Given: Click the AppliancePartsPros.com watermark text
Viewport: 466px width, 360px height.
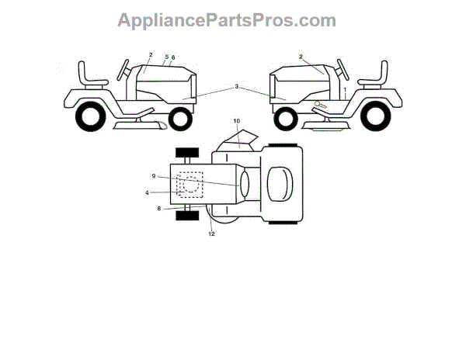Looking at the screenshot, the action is (x=227, y=20).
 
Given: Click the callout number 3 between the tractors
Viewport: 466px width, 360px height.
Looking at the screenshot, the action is (x=236, y=86).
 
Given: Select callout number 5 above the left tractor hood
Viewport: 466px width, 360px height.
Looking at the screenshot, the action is (x=166, y=57).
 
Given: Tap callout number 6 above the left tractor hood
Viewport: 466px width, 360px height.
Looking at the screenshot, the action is (x=173, y=57).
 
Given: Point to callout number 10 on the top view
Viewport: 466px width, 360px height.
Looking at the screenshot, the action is (x=237, y=122).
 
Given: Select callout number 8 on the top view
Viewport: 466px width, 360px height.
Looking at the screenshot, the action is (x=160, y=208).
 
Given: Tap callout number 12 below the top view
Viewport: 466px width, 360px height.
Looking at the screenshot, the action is (x=210, y=234).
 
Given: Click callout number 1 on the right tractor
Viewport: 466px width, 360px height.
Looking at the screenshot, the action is (x=344, y=91).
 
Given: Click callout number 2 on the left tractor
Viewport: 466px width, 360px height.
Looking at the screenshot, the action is (x=151, y=54).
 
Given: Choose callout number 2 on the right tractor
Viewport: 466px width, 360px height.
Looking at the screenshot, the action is (x=301, y=56).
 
